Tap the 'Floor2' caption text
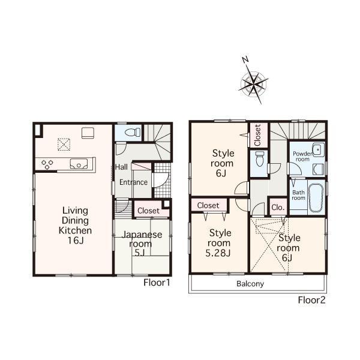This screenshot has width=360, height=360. (312, 300)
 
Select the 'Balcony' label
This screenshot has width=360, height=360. (250, 284)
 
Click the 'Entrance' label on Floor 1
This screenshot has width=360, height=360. (133, 182)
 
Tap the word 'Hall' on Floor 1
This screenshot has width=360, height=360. (121, 167)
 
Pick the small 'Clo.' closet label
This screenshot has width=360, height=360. (277, 208)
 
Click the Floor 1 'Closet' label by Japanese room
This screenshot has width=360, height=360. (148, 211)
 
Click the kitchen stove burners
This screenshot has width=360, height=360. (47, 163)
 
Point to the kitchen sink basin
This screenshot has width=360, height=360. (79, 163)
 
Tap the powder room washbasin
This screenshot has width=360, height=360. (317, 150)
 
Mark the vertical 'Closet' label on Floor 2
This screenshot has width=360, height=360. (257, 136)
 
